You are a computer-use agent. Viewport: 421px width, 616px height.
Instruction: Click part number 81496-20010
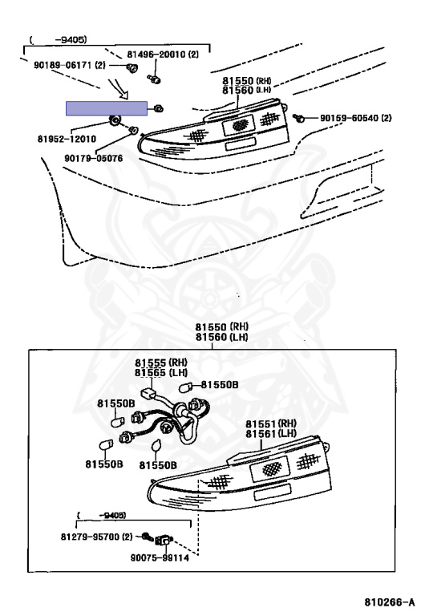(x=156, y=54)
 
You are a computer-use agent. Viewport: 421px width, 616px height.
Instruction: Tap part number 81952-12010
(x=67, y=139)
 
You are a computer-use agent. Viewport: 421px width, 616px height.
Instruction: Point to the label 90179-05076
(x=94, y=158)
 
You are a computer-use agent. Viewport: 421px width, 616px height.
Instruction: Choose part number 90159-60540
(x=349, y=117)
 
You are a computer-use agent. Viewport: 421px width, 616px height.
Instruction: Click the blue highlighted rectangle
(x=107, y=108)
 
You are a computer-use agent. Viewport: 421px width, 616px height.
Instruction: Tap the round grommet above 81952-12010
(x=115, y=121)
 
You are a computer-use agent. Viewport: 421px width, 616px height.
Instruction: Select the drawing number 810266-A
(x=389, y=602)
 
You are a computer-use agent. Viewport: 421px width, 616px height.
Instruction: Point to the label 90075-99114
(x=160, y=557)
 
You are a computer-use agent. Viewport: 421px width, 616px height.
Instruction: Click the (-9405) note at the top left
(x=58, y=39)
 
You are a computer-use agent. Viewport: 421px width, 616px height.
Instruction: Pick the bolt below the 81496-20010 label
(x=154, y=79)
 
